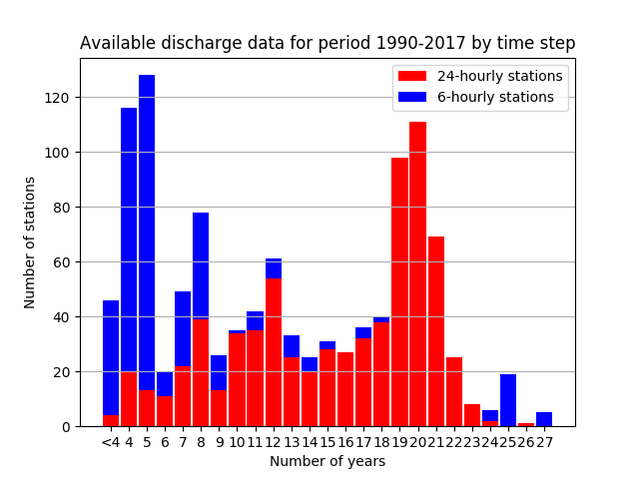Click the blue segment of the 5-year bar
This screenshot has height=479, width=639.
[147, 233]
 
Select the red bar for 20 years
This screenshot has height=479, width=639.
[417, 274]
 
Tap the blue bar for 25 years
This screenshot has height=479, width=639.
[508, 400]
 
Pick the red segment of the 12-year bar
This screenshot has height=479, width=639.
[274, 352]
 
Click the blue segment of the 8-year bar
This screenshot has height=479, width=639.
[201, 266]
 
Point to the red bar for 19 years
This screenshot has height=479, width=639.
[399, 292]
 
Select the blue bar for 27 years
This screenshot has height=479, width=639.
[544, 419]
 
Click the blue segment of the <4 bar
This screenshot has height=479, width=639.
[111, 358]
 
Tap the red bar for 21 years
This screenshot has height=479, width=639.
[436, 331]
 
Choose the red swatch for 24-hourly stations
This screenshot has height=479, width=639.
[412, 76]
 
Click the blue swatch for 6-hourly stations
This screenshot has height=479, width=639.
[412, 97]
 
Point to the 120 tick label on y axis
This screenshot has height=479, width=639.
[57, 98]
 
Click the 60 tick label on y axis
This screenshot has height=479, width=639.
[62, 262]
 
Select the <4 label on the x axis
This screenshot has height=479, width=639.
[111, 442]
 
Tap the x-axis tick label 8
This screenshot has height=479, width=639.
[201, 442]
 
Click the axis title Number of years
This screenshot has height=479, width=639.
[327, 461]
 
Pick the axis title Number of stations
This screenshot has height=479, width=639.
[29, 242]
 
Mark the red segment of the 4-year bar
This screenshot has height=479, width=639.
[129, 399]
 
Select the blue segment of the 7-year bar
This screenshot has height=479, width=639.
[183, 329]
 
